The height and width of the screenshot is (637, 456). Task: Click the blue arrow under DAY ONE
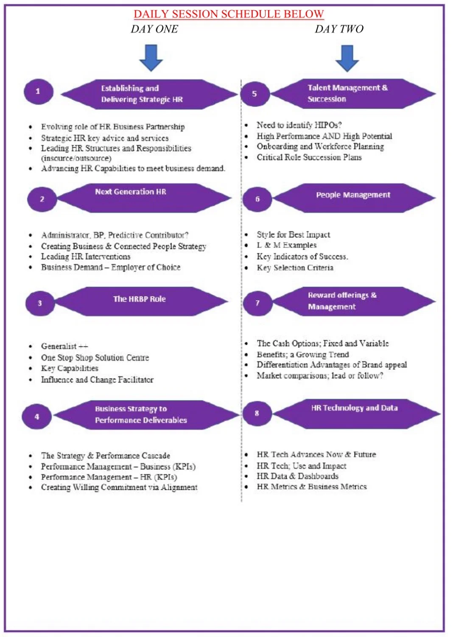coord(151,58)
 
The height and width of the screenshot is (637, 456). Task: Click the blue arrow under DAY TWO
coord(347,58)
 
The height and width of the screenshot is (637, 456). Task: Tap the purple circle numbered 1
coord(38,92)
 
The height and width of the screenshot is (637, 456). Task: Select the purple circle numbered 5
coord(255,94)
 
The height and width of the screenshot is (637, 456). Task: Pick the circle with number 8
coord(257,413)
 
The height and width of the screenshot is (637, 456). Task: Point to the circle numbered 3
coord(40,303)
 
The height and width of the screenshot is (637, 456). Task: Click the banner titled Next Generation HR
coord(144,198)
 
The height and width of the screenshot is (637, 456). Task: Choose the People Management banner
coord(354,198)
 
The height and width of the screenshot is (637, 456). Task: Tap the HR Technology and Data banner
coord(356,414)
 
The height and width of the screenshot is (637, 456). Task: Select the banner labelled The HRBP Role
coord(141,302)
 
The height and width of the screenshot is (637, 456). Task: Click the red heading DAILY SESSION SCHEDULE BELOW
coord(229,14)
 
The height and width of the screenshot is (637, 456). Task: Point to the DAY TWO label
coord(339,29)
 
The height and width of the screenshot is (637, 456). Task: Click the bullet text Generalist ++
coord(64,346)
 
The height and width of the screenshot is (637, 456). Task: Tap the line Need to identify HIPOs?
coord(299,125)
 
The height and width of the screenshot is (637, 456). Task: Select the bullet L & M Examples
coord(287,245)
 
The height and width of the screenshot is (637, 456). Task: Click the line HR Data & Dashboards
coord(298,476)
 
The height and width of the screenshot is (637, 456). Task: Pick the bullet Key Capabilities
coord(70,368)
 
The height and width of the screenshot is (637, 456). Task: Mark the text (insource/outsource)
coord(76,158)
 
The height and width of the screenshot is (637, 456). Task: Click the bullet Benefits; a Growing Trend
coord(303,355)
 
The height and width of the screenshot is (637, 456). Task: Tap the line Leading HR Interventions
coord(86,257)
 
